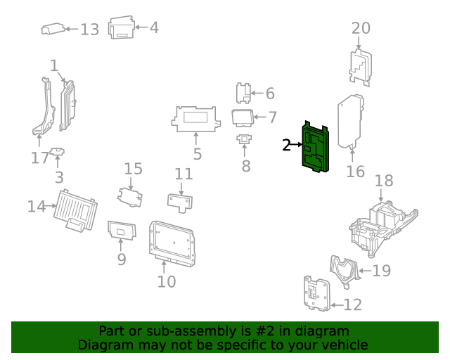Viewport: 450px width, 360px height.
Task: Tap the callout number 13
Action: click(90, 30)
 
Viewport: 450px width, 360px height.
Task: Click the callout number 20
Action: click(361, 28)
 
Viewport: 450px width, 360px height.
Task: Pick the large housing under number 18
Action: click(383, 224)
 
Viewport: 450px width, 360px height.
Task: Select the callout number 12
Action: click(352, 304)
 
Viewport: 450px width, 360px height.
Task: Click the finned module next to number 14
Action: click(75, 209)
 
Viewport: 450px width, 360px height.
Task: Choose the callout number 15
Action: click(134, 168)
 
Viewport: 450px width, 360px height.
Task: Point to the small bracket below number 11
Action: click(181, 201)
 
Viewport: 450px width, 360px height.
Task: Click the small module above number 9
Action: click(120, 229)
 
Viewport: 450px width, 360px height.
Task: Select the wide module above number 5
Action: click(196, 118)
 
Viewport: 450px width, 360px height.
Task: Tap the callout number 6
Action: click(270, 94)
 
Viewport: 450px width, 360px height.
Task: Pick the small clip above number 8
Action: click(244, 139)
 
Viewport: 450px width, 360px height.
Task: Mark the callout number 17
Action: click(40, 158)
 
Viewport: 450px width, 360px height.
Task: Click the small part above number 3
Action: click(58, 151)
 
